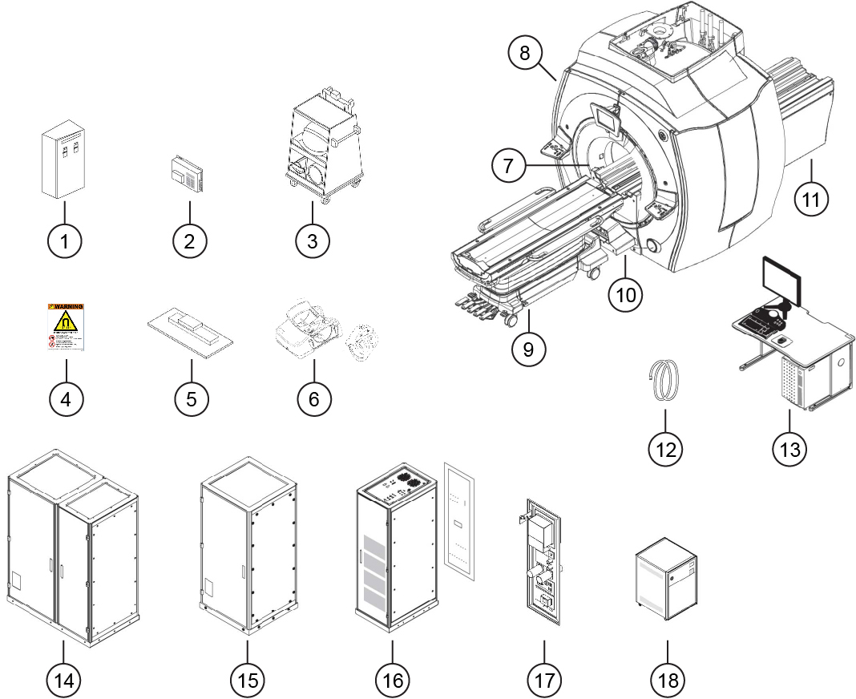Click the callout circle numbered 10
(x=626, y=293)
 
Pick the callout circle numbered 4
(x=67, y=398)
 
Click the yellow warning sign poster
(x=66, y=328)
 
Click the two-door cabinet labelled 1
(x=63, y=163)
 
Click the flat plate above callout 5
(x=191, y=329)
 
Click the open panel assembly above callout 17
(x=539, y=559)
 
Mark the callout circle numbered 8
(x=525, y=55)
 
